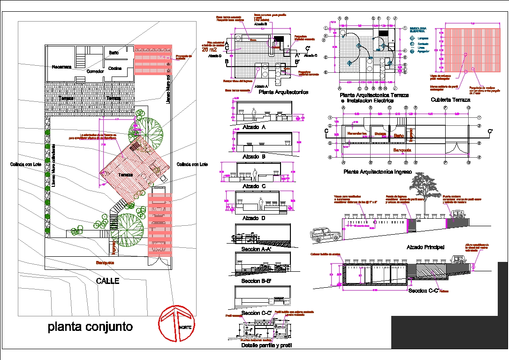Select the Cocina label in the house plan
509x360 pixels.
click(x=115, y=69)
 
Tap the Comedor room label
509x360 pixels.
click(x=95, y=71)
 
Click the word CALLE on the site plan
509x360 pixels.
click(x=107, y=281)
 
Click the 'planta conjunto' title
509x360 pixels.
click(x=90, y=327)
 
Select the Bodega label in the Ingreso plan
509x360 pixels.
click(x=380, y=134)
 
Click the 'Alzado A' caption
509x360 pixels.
click(x=254, y=127)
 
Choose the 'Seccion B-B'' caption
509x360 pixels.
click(x=256, y=281)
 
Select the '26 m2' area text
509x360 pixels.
click(x=209, y=49)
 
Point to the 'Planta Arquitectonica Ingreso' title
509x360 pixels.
click(x=377, y=172)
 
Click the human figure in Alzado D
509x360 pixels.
click(x=261, y=204)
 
